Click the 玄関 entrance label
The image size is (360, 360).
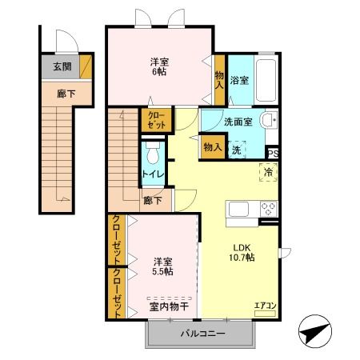coord(62,66)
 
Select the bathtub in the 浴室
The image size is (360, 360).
coord(266,80)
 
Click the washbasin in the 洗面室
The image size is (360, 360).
coord(269,120)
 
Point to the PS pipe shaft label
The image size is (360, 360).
coord(273,154)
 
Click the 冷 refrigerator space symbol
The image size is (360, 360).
coord(269,172)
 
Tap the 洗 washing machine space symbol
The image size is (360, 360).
coord(237,150)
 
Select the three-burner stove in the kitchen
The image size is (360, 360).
coord(269,209)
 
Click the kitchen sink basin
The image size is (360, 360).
coord(238,209)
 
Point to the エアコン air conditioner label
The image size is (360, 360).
coord(265,306)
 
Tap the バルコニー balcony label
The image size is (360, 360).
coord(202,334)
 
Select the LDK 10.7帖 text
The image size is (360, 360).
coord(242,253)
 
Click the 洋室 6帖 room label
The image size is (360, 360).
coord(159,66)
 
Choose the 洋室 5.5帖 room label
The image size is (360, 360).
coord(162,266)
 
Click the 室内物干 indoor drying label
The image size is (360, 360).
coord(169,306)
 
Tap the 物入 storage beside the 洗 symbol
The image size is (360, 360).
coord(213,147)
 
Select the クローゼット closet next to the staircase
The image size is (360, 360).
coord(157,120)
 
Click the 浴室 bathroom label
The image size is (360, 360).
coord(239,80)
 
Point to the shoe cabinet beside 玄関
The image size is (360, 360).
coord(86,66)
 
